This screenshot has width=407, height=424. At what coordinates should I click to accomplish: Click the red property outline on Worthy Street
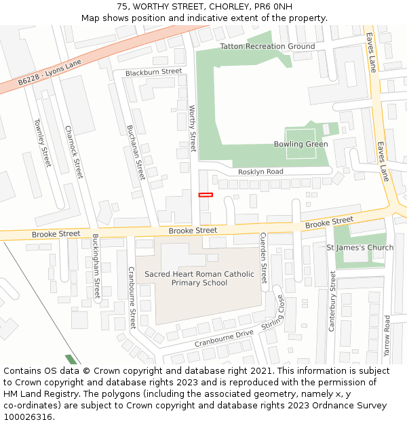(x=206, y=195)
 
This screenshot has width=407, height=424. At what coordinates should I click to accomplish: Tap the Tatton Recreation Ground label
(x=267, y=46)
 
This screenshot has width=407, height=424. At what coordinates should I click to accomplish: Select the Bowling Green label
(x=301, y=144)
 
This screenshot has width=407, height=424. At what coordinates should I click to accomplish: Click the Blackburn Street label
(x=153, y=71)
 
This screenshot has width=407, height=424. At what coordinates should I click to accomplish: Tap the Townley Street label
(x=42, y=142)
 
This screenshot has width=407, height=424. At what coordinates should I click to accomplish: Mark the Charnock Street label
(x=73, y=152)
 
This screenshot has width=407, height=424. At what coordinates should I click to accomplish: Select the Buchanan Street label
(x=136, y=152)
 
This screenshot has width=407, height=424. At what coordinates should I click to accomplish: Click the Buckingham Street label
(x=96, y=267)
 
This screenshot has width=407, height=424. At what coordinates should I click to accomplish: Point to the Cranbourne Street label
(x=133, y=297)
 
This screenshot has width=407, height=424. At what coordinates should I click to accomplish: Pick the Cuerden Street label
(x=264, y=258)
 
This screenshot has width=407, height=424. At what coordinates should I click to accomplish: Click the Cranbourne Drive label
(x=224, y=338)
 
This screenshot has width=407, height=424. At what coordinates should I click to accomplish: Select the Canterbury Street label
(x=332, y=301)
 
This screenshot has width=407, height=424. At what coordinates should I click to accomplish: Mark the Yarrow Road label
(x=387, y=336)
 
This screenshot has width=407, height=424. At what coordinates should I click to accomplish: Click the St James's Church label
(x=360, y=248)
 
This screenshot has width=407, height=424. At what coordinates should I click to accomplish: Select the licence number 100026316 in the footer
(x=29, y=417)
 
